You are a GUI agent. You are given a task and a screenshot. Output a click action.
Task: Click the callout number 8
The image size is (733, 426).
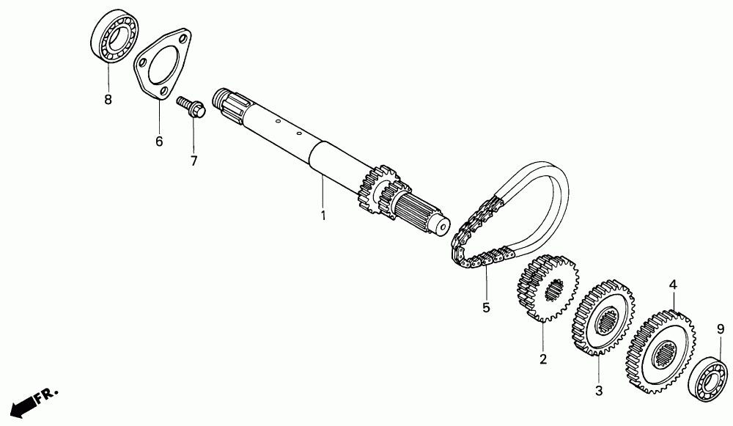click(x=108, y=100)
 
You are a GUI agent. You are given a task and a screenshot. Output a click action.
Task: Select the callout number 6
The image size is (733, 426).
click(x=159, y=141)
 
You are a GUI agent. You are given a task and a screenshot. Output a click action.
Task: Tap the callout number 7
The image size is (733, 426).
click(x=194, y=161)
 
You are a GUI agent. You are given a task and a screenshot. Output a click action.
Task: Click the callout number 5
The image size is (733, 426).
click(x=485, y=307)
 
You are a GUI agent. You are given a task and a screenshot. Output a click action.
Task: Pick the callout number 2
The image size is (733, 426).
click(x=543, y=359)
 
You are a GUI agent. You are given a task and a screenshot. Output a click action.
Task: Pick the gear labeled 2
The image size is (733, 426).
click(x=546, y=288)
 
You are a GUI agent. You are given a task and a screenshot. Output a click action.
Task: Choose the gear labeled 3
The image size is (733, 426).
click(x=603, y=317)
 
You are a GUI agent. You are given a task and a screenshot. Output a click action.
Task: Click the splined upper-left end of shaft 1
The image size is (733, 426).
click(x=228, y=103)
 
